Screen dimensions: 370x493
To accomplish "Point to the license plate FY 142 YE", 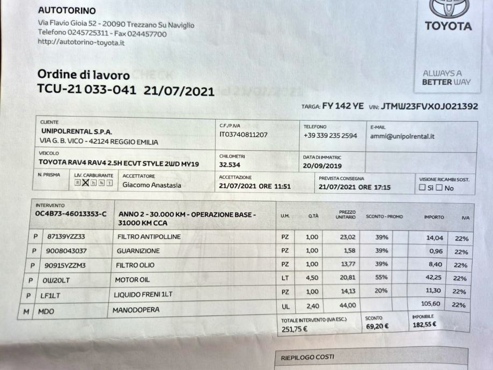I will (x=343, y=107).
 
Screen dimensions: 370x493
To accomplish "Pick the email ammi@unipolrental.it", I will (x=402, y=136).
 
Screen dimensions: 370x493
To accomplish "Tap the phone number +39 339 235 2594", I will (x=330, y=136).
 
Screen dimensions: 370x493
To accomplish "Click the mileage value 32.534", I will (x=230, y=164).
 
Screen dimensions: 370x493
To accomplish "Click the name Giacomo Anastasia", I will (x=152, y=186).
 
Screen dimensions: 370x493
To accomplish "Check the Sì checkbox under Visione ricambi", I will (x=422, y=188).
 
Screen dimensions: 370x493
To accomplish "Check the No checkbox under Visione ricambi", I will (x=439, y=188).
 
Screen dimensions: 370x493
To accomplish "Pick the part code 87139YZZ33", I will (x=67, y=236).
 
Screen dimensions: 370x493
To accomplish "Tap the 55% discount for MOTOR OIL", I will (x=381, y=278).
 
